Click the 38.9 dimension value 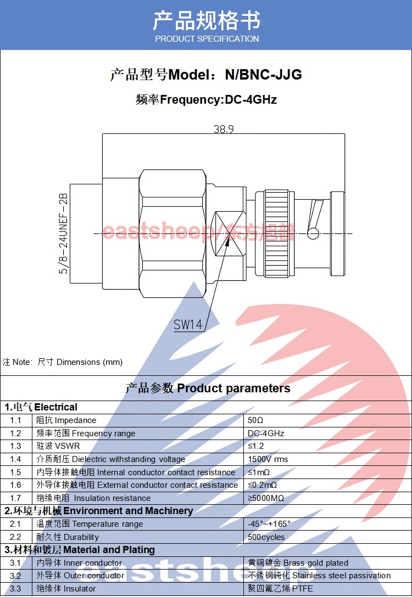click(x=224, y=129)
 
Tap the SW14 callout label click(x=188, y=325)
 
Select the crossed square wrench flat click(x=227, y=234)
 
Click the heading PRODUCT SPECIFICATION click(x=207, y=39)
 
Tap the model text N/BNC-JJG click(x=263, y=75)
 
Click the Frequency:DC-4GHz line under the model click(x=206, y=100)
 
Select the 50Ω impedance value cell click(x=256, y=420)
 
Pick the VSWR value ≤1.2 click(x=256, y=446)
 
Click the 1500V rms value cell click(x=268, y=459)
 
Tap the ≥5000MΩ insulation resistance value click(x=266, y=498)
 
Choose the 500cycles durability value click(x=266, y=537)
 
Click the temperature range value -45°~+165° click(x=269, y=524)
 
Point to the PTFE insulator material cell click(x=281, y=589)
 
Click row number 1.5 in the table click(x=15, y=472)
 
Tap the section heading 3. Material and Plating click(x=80, y=550)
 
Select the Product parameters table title click(x=208, y=388)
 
